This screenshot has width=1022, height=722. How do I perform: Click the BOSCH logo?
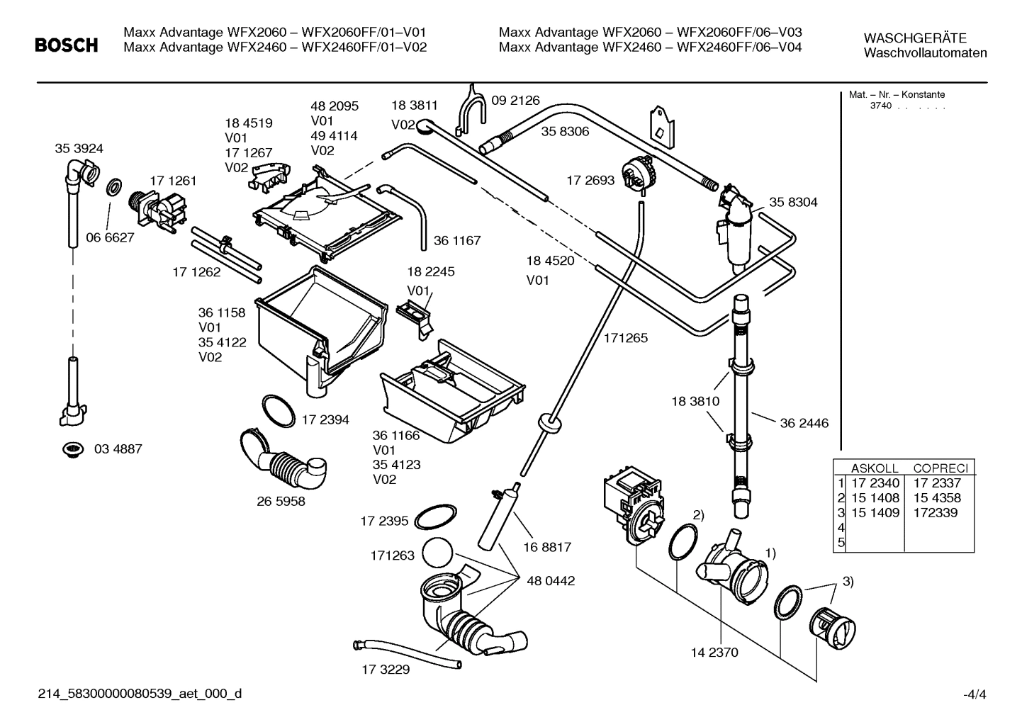[67, 46]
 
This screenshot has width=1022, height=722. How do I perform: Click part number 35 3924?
[79, 149]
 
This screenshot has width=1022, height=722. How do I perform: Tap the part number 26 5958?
[281, 501]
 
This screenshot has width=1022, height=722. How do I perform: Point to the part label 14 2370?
[714, 653]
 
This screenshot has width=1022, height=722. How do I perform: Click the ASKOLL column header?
[874, 468]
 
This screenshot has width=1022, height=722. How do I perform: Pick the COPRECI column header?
[940, 468]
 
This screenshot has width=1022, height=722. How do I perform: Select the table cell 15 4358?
[937, 498]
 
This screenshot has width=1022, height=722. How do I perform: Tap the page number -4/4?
[975, 695]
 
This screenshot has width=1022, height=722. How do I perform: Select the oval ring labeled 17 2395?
[435, 518]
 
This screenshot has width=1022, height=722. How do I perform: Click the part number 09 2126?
[515, 101]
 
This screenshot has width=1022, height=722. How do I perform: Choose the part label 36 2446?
[804, 424]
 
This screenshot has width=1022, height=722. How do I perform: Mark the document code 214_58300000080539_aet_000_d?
[139, 694]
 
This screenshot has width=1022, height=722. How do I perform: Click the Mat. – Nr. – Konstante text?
[897, 95]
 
